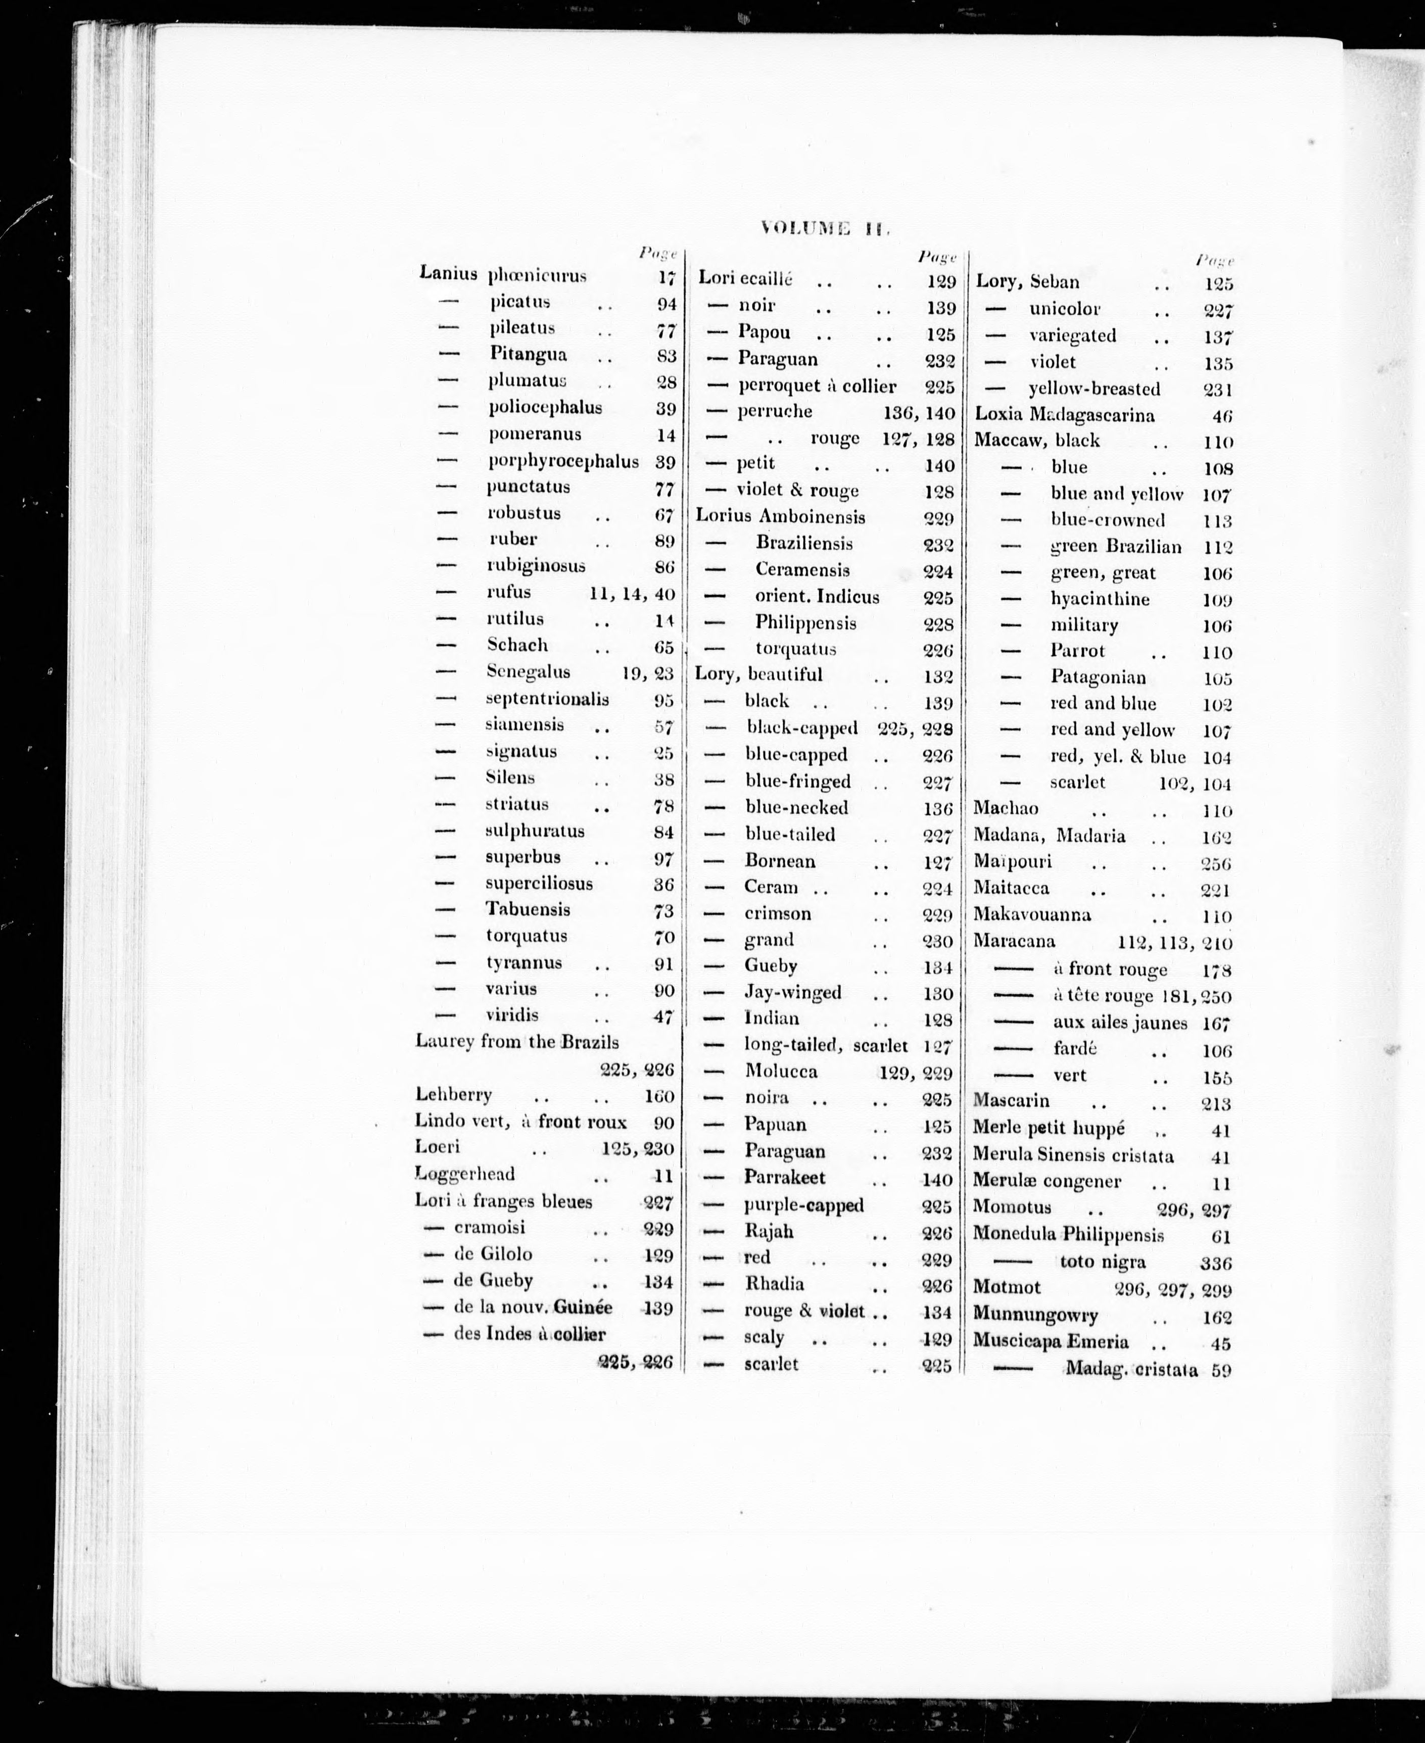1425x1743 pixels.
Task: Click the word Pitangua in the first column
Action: tap(528, 355)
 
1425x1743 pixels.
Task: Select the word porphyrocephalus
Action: tap(563, 461)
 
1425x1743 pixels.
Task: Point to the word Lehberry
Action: tap(453, 1095)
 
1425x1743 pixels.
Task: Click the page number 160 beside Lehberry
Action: tap(658, 1096)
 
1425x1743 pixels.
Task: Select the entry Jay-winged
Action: tap(792, 992)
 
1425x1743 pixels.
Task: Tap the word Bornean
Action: tap(780, 861)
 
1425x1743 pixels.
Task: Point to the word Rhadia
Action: tap(774, 1283)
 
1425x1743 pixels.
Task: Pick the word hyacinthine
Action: tap(1100, 599)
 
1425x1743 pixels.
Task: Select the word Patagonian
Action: tap(1098, 678)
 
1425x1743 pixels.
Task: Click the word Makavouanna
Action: tap(1032, 915)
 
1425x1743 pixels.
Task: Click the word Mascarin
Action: tap(1011, 1100)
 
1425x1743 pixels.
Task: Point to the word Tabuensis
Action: tap(527, 909)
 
